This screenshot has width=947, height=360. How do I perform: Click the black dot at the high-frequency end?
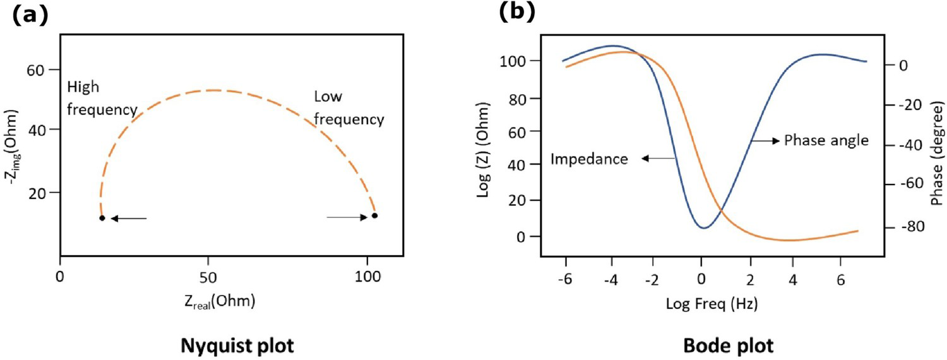pos(102,218)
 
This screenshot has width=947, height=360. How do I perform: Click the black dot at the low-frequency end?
pos(374,216)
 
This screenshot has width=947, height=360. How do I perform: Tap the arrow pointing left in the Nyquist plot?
pos(129,219)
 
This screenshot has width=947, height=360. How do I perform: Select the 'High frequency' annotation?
pos(102,98)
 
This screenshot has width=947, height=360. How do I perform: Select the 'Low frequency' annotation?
pos(348,108)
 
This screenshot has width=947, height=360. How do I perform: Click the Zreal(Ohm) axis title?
pos(220,301)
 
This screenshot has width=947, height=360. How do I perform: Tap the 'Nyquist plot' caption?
pos(237,345)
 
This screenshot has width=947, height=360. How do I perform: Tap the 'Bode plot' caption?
pos(729,345)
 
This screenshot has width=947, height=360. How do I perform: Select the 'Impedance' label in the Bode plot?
pos(589,159)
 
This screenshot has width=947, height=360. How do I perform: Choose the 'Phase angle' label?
pos(826,140)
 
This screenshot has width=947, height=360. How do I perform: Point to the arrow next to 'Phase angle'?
pos(765,140)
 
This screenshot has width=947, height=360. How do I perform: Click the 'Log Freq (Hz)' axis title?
pos(712,304)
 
